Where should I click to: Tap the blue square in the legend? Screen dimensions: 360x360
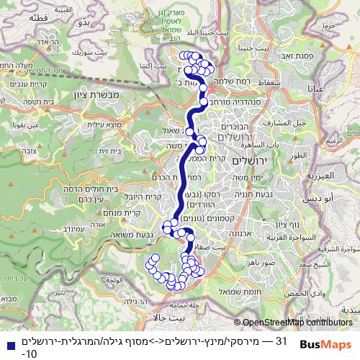click(x=6, y=341)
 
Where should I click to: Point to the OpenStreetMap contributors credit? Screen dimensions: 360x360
click(x=297, y=323)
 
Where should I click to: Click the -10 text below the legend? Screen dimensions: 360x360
click(x=29, y=354)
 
